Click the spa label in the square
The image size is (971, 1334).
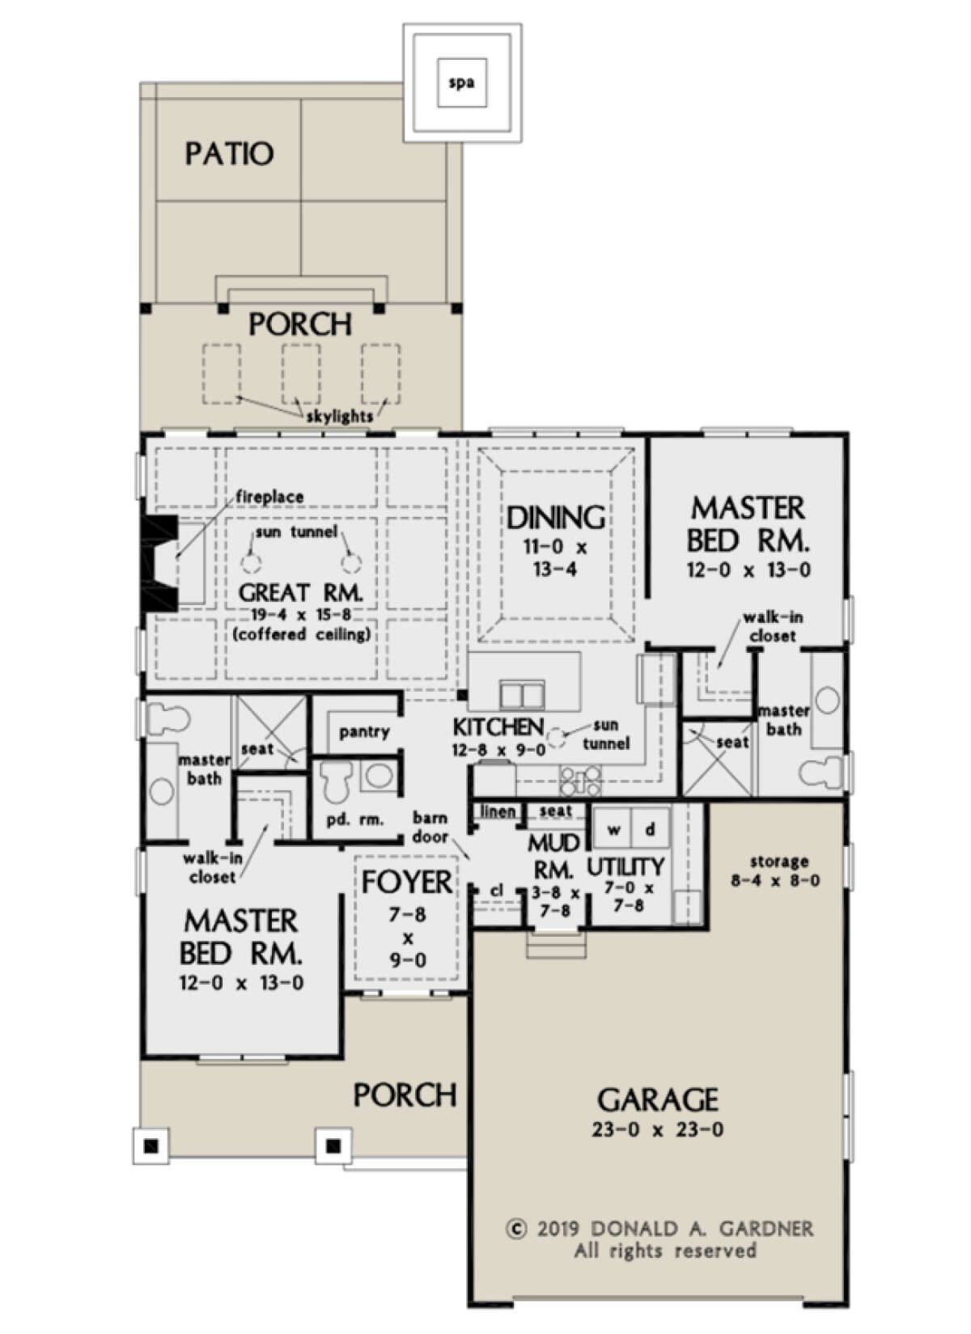pos(461,83)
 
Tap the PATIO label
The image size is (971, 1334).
pos(229,153)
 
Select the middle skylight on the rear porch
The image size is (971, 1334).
pos(301,373)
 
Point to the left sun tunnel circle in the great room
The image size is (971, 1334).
pos(251,563)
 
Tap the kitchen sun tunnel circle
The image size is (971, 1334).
pos(557,737)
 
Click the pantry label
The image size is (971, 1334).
pos(364,732)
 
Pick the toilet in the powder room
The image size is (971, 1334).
pos(334,779)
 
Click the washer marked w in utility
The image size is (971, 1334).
pos(614,830)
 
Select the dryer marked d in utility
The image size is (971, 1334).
pos(650,830)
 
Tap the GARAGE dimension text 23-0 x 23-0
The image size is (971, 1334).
pos(657,1129)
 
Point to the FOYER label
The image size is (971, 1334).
pos(407,882)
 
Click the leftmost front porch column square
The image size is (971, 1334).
pos(150,1146)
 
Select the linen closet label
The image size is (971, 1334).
pos(498,811)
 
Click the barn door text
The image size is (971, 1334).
pos(430,827)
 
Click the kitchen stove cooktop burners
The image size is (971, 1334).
pos(580,780)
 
